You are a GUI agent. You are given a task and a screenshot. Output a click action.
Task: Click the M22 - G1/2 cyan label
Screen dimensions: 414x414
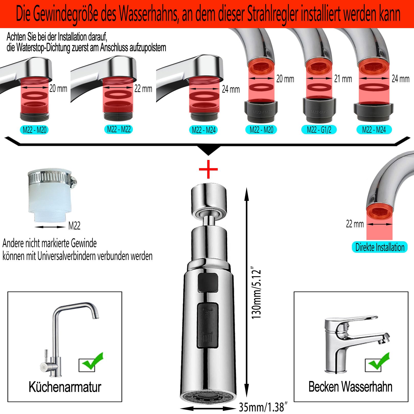tap(319, 130)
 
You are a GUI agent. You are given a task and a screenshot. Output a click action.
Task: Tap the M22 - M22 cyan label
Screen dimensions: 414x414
tap(119, 129)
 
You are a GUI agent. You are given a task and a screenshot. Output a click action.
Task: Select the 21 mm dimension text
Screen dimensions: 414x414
tap(343, 79)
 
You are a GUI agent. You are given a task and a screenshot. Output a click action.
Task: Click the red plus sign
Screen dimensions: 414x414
tap(208, 169)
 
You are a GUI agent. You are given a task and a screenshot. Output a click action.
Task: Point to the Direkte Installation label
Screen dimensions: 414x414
tap(380, 247)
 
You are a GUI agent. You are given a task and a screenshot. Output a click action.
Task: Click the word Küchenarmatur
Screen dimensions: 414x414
tap(65, 387)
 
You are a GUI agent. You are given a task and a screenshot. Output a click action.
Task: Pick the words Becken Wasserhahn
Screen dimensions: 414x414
tap(350, 387)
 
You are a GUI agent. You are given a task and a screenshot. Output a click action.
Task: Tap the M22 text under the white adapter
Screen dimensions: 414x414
tap(74, 226)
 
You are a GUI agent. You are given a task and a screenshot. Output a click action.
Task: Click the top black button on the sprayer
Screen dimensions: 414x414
tap(208, 282)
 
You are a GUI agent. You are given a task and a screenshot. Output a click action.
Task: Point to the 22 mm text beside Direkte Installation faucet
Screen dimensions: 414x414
tap(355, 224)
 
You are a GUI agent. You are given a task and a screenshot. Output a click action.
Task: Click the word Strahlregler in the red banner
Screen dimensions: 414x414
tap(273, 15)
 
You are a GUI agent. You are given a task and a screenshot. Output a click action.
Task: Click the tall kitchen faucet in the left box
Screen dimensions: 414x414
tap(66, 337)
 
